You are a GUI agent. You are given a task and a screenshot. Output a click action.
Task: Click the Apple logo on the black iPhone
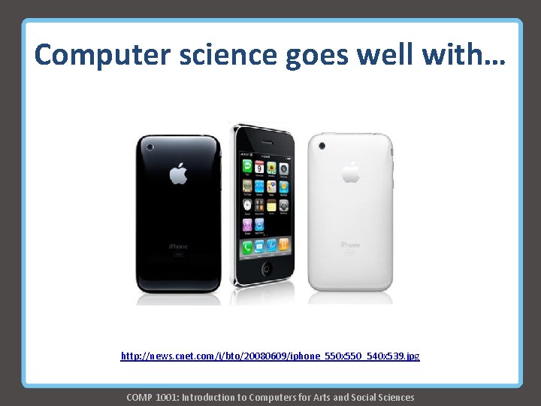(178, 174)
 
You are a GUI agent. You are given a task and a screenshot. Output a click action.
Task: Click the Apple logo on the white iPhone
(351, 172)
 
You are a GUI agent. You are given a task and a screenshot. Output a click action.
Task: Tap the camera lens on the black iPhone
(150, 147)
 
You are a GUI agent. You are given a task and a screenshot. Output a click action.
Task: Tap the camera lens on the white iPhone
(323, 144)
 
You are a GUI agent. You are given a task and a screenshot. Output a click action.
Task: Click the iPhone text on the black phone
(178, 246)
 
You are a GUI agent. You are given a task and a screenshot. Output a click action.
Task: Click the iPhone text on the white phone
(351, 244)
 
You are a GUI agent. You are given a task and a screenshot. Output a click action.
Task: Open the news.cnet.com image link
(270, 355)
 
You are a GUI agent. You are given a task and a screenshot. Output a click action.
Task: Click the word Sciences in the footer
(393, 397)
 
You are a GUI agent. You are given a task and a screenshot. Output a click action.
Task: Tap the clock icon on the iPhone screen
(246, 205)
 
